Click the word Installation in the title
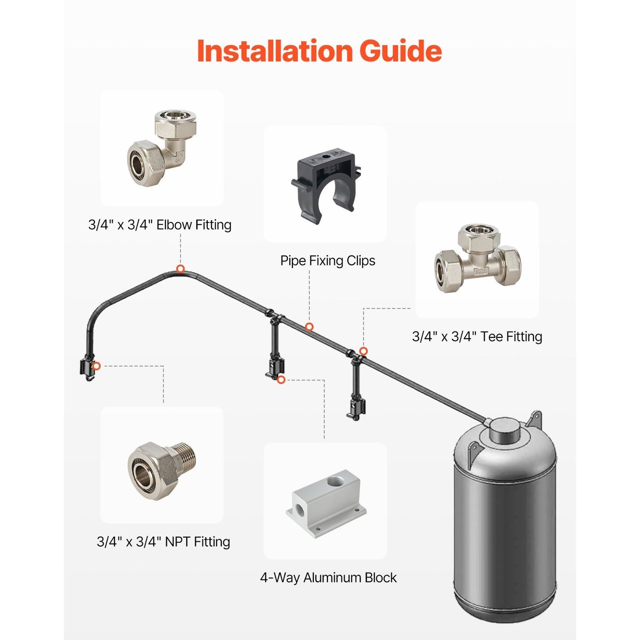pyautogui.click(x=274, y=51)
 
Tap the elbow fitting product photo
pyautogui.click(x=162, y=148)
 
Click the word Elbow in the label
pyautogui.click(x=174, y=225)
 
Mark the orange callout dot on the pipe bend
pyautogui.click(x=180, y=269)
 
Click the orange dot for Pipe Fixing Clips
pyautogui.click(x=309, y=327)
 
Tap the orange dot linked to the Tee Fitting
pyautogui.click(x=364, y=351)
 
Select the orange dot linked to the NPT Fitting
pyautogui.click(x=96, y=366)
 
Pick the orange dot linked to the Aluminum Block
pyautogui.click(x=281, y=380)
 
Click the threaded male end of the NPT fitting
pyautogui.click(x=187, y=460)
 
